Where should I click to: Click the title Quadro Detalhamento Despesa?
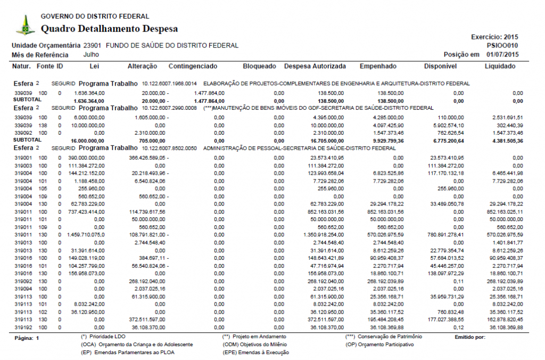[x=109, y=29]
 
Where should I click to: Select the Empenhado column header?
[x=378, y=67]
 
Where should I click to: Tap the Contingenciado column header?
[x=193, y=67]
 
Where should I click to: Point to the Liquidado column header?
[x=500, y=67]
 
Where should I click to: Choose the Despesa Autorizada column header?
[x=315, y=67]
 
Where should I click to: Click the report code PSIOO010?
[x=502, y=46]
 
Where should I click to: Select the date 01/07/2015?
[x=501, y=55]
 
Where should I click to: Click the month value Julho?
[x=92, y=54]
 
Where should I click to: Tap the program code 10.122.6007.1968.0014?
[x=169, y=84]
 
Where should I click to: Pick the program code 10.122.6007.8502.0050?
[x=169, y=148]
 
